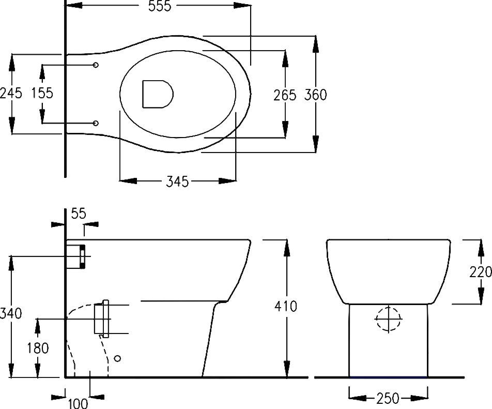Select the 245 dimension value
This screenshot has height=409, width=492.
[11, 93]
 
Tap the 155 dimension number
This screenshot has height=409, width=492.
[42, 93]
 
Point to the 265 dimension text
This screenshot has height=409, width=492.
[285, 95]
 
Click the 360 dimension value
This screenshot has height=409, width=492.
[315, 95]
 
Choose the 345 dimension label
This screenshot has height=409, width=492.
[177, 181]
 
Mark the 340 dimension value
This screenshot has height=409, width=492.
[11, 313]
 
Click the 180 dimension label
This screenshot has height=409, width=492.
[37, 349]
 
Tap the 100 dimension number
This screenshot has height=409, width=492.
[78, 402]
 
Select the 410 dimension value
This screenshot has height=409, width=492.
[286, 306]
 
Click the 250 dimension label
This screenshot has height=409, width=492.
[388, 398]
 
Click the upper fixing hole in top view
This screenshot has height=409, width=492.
[96, 65]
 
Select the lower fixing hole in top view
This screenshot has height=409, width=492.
[96, 123]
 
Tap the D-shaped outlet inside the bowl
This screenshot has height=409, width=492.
[156, 94]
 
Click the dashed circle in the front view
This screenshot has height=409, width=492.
[388, 319]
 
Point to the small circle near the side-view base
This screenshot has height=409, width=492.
[117, 357]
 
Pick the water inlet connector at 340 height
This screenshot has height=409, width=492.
[76, 256]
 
